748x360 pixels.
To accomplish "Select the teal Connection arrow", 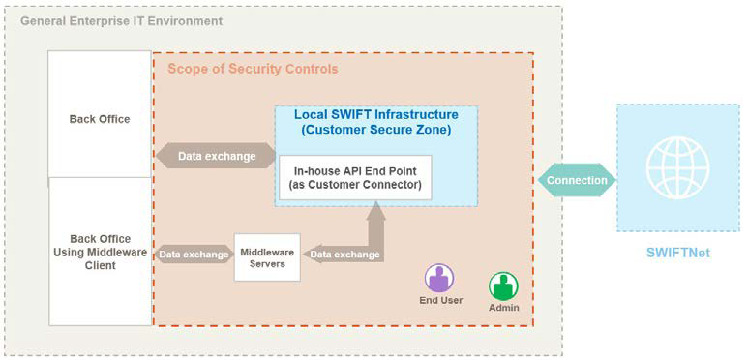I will pyautogui.click(x=577, y=180).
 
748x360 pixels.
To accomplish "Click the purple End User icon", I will pyautogui.click(x=439, y=279).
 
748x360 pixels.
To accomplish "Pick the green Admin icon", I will pyautogui.click(x=503, y=285).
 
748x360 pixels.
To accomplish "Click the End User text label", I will pyautogui.click(x=440, y=300).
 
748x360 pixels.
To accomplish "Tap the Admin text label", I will pyautogui.click(x=504, y=308).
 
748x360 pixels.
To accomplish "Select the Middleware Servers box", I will pyautogui.click(x=267, y=256).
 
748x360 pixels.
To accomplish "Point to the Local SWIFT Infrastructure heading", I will pyautogui.click(x=375, y=114).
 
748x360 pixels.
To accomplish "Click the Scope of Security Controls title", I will pyautogui.click(x=253, y=69).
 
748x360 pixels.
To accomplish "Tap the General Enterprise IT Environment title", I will pyautogui.click(x=122, y=20).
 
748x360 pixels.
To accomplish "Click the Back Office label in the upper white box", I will pyautogui.click(x=100, y=119).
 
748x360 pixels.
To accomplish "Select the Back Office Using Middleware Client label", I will pyautogui.click(x=100, y=252).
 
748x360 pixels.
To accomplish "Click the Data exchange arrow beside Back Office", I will pyautogui.click(x=215, y=156).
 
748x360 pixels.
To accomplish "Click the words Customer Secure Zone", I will pyautogui.click(x=375, y=130).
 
